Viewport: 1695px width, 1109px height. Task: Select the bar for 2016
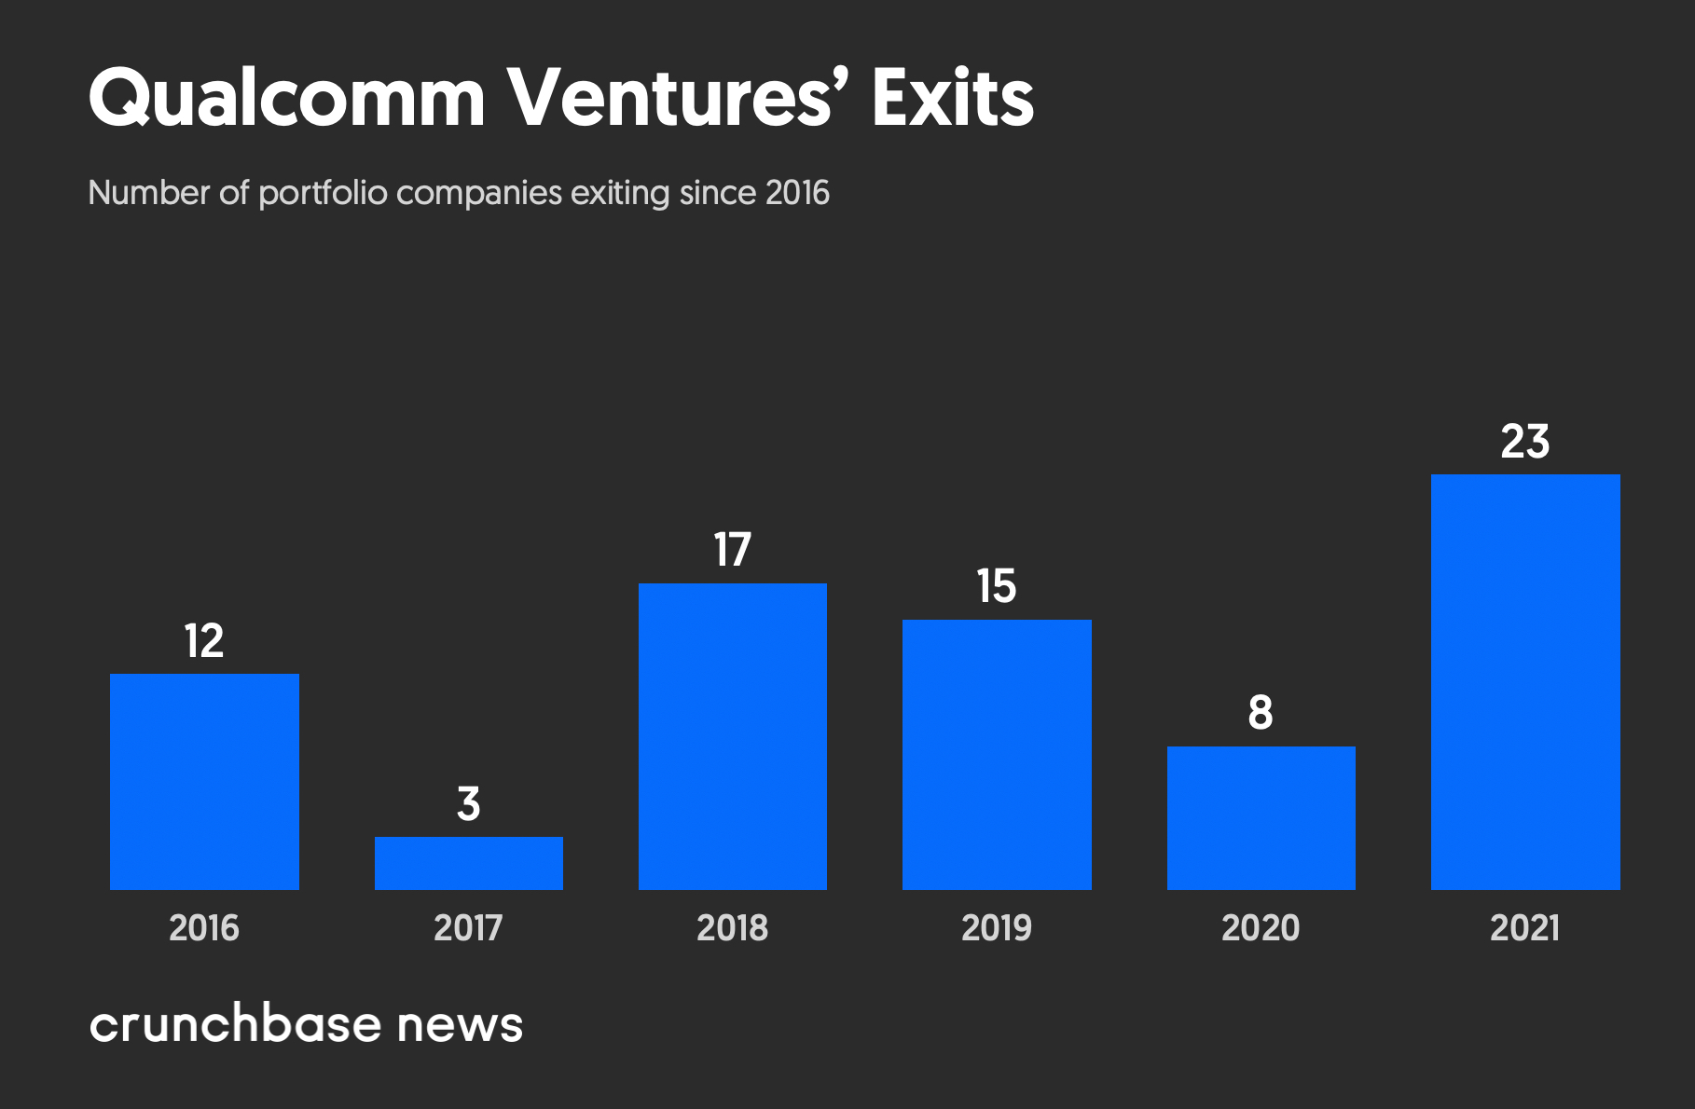[204, 781]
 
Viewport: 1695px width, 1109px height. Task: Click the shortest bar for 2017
[468, 863]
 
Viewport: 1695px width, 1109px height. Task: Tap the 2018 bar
[732, 736]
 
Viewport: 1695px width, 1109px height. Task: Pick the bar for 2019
[997, 755]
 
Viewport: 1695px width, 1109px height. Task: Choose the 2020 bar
[1261, 818]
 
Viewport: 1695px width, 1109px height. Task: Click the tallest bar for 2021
[1525, 682]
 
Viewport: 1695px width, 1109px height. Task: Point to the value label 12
[204, 641]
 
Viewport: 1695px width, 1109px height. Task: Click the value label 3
[468, 803]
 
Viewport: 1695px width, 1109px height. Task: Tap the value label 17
[732, 550]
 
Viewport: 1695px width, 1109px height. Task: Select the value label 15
[997, 586]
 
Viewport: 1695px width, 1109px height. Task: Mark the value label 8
[1261, 713]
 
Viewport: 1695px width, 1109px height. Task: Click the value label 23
[1525, 442]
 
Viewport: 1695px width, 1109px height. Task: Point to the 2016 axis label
[204, 928]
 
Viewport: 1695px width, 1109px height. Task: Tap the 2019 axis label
[997, 928]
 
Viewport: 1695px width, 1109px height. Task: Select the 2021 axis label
[1525, 928]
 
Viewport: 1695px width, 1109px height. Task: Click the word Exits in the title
[953, 99]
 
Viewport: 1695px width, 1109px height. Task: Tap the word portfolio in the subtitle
[323, 193]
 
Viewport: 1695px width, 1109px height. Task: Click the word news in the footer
[460, 1025]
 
